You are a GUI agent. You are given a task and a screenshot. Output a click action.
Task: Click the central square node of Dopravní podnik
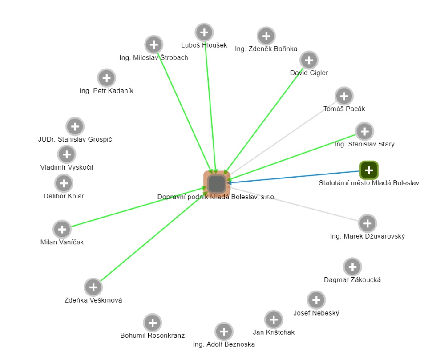tap(217, 183)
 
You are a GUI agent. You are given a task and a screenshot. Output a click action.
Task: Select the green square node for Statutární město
tap(369, 170)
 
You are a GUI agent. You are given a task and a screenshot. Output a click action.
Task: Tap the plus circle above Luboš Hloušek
tap(204, 32)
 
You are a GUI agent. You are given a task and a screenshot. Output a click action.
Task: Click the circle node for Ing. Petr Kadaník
tap(106, 78)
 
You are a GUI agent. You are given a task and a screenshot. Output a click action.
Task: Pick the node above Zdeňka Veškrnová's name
tap(93, 287)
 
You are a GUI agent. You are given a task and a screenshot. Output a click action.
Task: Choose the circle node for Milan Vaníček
tap(62, 230)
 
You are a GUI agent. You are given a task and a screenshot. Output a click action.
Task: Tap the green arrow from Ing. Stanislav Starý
tap(294, 156)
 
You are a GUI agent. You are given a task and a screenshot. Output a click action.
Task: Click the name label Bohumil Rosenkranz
tap(152, 336)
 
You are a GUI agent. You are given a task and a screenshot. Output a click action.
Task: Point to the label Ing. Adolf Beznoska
tap(224, 344)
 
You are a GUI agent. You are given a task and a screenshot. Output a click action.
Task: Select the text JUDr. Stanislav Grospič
tap(75, 139)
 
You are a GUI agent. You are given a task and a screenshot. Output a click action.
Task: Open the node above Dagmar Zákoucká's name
tap(352, 267)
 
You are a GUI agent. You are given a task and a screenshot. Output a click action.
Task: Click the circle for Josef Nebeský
tap(316, 300)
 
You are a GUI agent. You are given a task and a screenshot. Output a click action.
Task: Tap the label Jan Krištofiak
tap(274, 332)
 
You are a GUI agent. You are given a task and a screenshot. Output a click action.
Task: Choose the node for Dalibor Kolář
tap(64, 183)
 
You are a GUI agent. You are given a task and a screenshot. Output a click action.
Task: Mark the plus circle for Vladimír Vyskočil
tap(67, 155)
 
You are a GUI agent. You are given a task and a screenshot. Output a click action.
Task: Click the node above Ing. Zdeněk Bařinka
tap(266, 36)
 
